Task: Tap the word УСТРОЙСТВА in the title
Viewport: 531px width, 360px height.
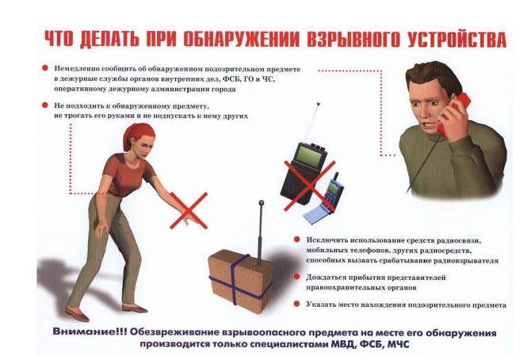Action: point(457,40)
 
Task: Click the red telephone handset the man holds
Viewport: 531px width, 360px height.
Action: point(454,113)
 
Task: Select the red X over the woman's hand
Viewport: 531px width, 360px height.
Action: point(189,210)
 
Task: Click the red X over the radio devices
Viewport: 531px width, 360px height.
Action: point(309,185)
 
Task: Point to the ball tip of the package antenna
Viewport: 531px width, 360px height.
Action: point(261,203)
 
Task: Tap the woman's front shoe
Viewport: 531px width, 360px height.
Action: point(136,308)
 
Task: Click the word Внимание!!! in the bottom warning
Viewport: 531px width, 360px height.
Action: point(90,332)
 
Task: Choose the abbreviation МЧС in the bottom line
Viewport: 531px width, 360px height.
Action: point(398,345)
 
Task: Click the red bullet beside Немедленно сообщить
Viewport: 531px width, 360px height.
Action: point(45,68)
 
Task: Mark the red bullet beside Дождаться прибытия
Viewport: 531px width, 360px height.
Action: point(297,277)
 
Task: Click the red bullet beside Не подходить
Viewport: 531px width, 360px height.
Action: point(45,105)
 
